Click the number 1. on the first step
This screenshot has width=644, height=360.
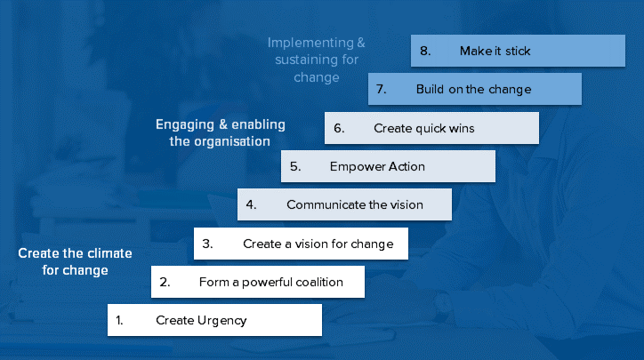[x=119, y=320]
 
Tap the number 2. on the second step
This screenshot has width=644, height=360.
[x=165, y=282]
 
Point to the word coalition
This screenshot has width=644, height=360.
[x=319, y=282]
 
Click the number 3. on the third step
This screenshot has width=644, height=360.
[x=207, y=244]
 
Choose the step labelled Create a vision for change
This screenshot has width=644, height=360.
[x=301, y=244]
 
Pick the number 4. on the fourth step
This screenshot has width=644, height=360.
[x=251, y=204]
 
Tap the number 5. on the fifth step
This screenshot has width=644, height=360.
[x=295, y=166]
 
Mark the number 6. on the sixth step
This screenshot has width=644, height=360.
[x=339, y=128]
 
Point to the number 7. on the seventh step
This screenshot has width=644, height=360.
[x=381, y=89]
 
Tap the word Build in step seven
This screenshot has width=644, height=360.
[x=430, y=89]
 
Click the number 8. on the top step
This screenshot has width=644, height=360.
[x=425, y=51]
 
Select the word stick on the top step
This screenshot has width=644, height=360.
[x=518, y=51]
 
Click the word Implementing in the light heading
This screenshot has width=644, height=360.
[x=310, y=43]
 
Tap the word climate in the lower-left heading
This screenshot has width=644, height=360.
[x=109, y=253]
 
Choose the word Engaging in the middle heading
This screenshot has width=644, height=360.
[x=185, y=124]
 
